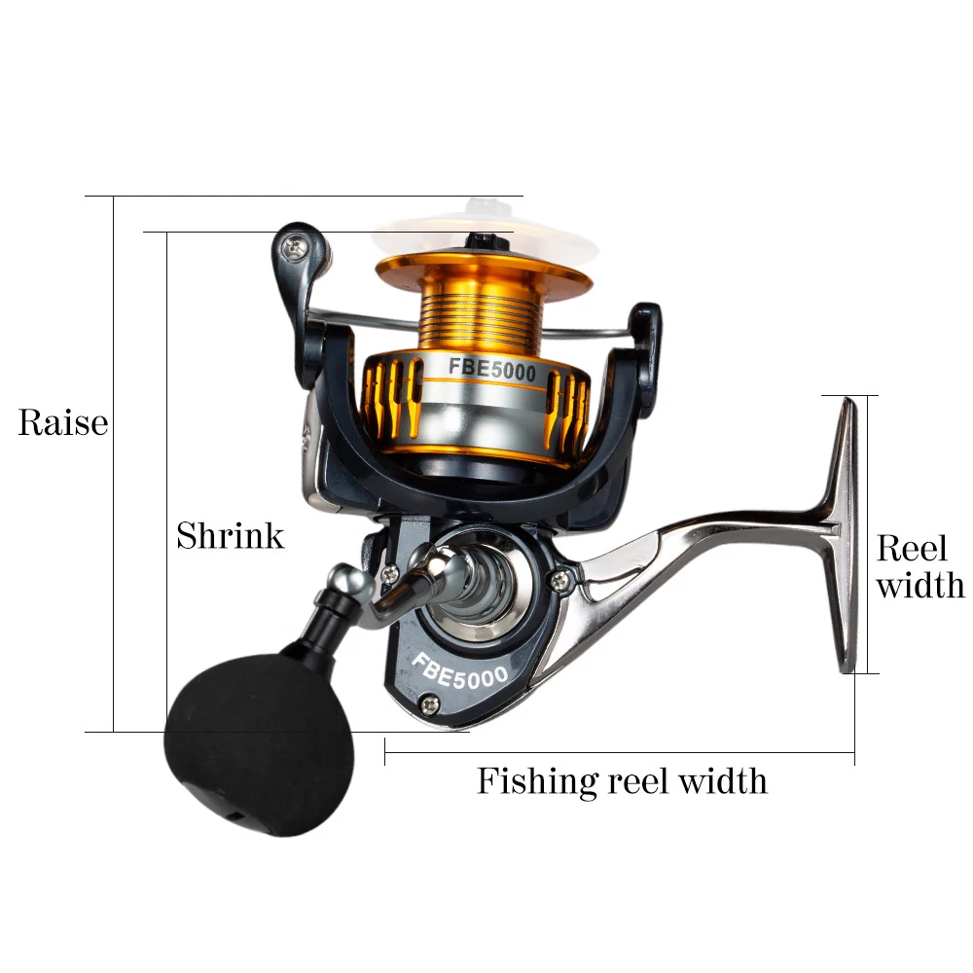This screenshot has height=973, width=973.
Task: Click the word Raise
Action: point(62,423)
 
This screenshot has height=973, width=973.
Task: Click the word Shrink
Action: point(230,535)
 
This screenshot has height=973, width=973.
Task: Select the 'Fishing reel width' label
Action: point(622,780)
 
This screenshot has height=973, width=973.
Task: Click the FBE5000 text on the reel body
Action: point(459,671)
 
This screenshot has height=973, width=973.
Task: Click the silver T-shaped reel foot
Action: point(842,535)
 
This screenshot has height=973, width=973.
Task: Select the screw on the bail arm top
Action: point(298,249)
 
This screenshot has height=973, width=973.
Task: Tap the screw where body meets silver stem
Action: point(560,580)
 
